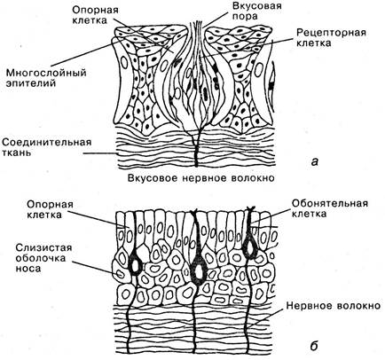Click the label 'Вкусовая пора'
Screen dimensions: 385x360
coord(256,11)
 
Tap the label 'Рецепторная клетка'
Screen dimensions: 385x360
coord(332,37)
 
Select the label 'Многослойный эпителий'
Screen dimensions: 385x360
coord(46,77)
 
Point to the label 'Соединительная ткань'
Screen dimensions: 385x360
coord(47,147)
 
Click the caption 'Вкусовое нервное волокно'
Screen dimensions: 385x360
coord(201,178)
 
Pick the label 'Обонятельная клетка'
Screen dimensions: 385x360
coord(330,208)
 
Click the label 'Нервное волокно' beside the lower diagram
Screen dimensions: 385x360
coord(333,305)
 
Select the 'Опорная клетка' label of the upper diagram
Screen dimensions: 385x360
coord(95,15)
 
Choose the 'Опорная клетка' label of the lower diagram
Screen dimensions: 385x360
coord(50,209)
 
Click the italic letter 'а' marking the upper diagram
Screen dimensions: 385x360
coord(315,161)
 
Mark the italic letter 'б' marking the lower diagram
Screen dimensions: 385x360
coord(314,345)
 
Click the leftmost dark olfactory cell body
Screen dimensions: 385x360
coord(136,265)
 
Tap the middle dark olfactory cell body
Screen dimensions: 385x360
coord(198,271)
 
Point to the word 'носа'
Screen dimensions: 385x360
coord(28,269)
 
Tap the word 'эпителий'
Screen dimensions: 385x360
coord(31,83)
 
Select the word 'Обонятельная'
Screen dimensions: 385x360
coord(330,203)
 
